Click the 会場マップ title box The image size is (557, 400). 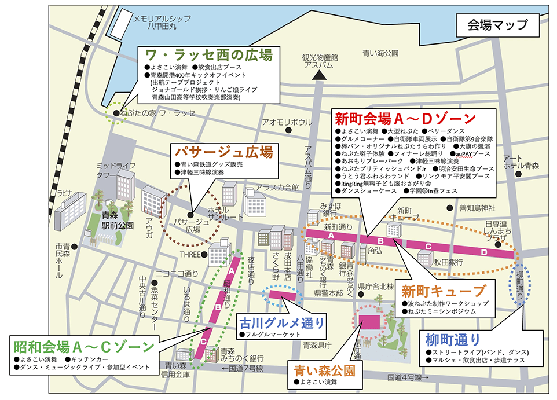point(497,24)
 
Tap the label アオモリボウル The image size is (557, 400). point(287,122)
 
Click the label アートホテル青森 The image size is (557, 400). point(520,162)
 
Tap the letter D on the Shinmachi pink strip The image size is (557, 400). point(484,252)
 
